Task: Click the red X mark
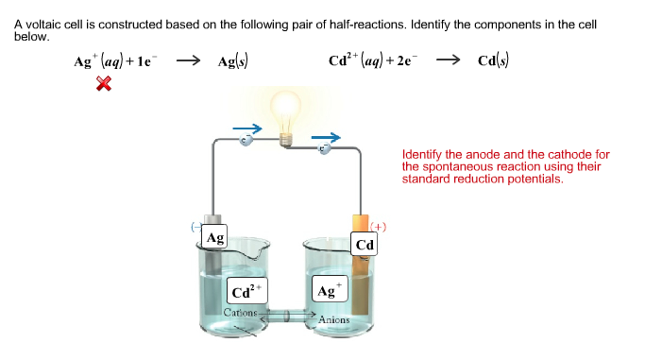point(104,85)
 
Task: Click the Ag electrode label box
point(216,237)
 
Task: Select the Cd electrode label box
point(365,245)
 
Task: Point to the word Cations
point(240,312)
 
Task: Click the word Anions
point(334,319)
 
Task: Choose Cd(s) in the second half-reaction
point(494,61)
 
